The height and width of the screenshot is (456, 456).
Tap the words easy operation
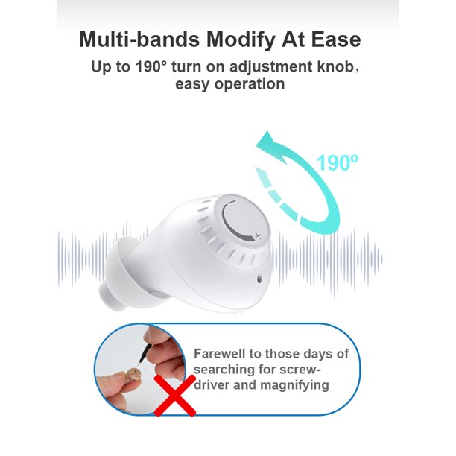[x=229, y=84]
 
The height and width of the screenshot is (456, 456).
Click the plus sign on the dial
[x=258, y=235]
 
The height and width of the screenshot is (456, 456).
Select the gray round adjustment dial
[x=243, y=220]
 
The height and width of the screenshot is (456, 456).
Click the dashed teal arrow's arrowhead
[x=266, y=177]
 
